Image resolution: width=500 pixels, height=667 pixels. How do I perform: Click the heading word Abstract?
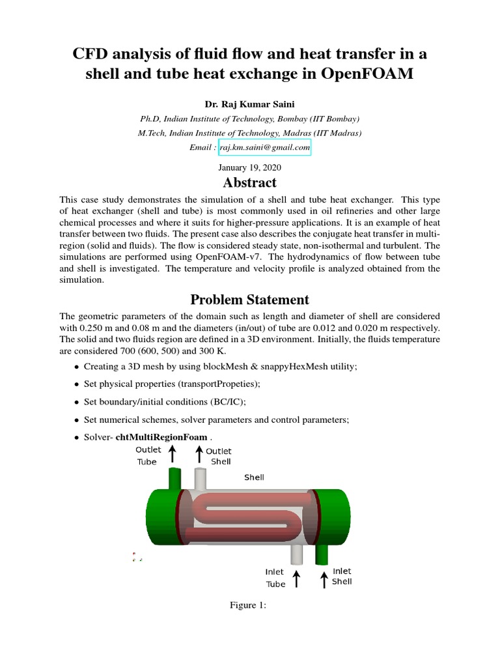[249, 183]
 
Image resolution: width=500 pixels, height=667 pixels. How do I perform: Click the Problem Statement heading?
[249, 300]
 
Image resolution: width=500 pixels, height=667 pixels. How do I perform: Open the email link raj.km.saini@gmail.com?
[264, 148]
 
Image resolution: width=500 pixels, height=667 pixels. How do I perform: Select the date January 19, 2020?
[249, 167]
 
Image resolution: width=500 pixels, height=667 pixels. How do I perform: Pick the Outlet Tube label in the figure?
[147, 456]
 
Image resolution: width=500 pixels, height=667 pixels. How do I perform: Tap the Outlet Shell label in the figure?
[219, 456]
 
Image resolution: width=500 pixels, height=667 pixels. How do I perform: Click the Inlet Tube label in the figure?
[275, 578]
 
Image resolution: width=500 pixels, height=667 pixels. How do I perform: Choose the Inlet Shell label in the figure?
[342, 576]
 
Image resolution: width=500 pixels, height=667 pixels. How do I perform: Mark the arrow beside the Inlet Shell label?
[324, 578]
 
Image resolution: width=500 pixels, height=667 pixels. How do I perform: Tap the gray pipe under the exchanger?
[297, 554]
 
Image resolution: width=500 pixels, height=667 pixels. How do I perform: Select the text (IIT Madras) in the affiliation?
[339, 133]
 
